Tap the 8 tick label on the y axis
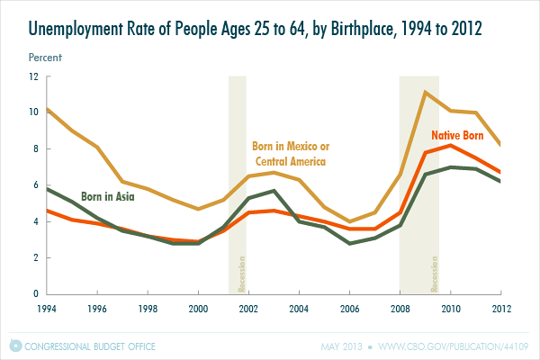(35, 149)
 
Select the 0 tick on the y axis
(35, 294)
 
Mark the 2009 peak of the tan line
(425, 93)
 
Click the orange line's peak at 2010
(450, 145)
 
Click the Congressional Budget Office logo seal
(14, 346)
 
